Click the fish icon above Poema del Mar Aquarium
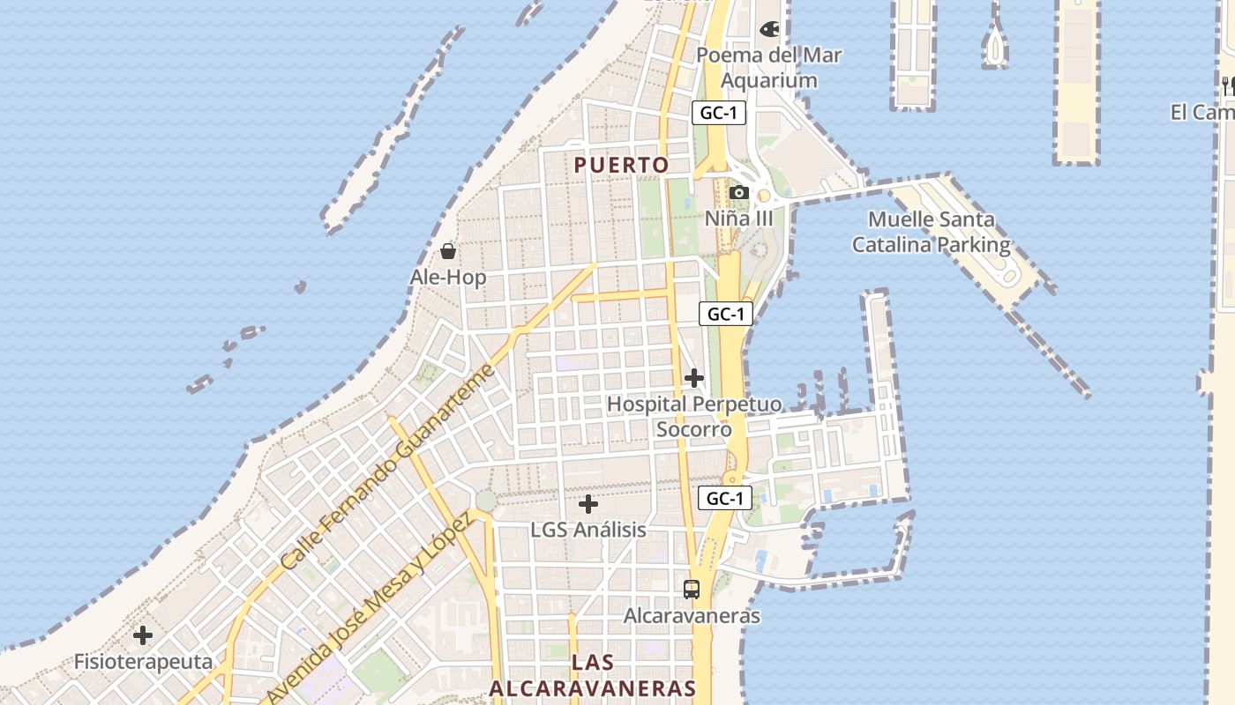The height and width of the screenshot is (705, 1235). [769, 29]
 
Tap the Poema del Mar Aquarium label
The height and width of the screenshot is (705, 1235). [769, 68]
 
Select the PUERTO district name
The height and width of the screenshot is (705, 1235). [621, 165]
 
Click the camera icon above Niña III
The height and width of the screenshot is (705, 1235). [739, 192]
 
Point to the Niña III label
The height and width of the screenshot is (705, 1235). [739, 218]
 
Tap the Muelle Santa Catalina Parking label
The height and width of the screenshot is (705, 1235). [931, 232]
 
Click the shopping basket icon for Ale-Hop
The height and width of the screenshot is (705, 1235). [448, 251]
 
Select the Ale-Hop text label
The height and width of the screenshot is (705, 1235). [448, 278]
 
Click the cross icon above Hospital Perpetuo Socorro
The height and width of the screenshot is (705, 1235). [694, 378]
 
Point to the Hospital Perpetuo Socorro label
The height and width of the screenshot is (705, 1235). [694, 417]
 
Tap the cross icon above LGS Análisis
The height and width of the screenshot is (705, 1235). [588, 504]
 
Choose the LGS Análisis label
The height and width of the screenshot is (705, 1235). [588, 530]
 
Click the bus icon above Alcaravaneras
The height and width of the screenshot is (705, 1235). [692, 589]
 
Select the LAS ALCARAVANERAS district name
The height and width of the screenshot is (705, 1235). [593, 676]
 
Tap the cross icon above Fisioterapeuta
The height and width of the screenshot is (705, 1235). [143, 634]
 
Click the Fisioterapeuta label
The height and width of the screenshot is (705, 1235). [143, 662]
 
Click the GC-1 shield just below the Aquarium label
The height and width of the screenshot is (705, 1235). [719, 113]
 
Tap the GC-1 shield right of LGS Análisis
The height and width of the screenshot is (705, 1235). [725, 498]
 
